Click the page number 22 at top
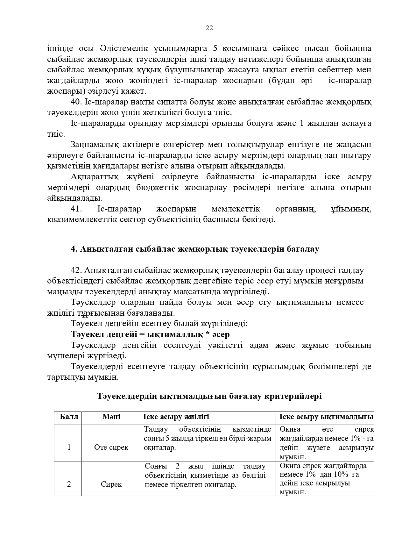[x=209, y=28]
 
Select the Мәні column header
[x=111, y=417]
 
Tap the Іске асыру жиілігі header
[x=176, y=417]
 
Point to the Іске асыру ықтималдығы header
[x=326, y=417]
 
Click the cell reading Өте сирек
[x=111, y=447]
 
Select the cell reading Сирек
[x=111, y=484]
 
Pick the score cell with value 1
[x=69, y=447]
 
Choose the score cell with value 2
[x=69, y=484]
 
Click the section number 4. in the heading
[x=74, y=249]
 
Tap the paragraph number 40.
[x=76, y=102]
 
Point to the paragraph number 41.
[x=76, y=209]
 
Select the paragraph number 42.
[x=76, y=270]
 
